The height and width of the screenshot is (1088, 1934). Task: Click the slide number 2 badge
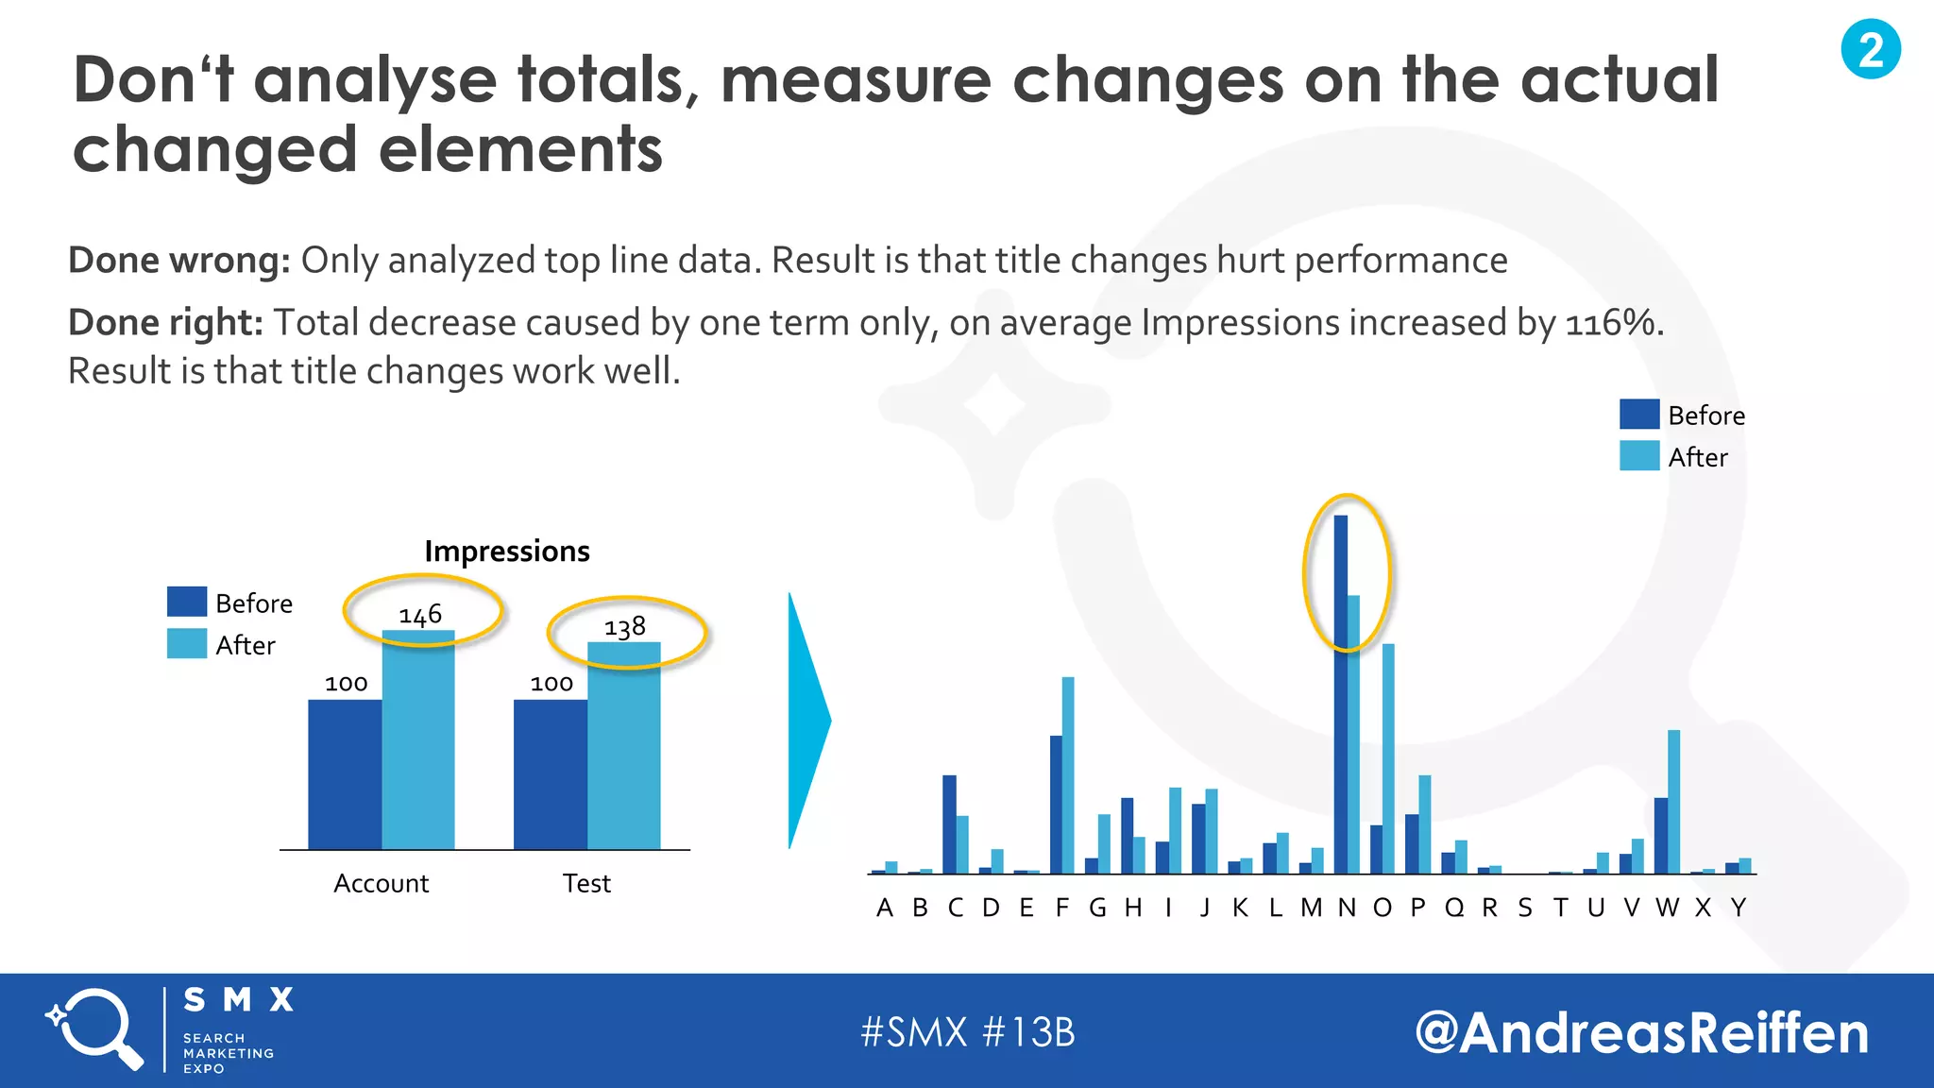pyautogui.click(x=1871, y=49)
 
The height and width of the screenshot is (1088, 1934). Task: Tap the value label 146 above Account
pyautogui.click(x=420, y=615)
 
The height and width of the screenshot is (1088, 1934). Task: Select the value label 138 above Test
pyautogui.click(x=625, y=627)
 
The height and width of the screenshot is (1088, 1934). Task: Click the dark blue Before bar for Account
pyautogui.click(x=345, y=774)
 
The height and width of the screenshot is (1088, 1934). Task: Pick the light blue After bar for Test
pyautogui.click(x=623, y=746)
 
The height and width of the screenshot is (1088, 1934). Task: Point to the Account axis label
pyautogui.click(x=381, y=884)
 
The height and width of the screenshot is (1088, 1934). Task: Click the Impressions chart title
pyautogui.click(x=507, y=551)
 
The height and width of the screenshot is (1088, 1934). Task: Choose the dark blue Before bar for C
pyautogui.click(x=949, y=824)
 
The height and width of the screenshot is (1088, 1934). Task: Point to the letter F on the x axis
pyautogui.click(x=1062, y=909)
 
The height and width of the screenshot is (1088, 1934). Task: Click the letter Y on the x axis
pyautogui.click(x=1739, y=909)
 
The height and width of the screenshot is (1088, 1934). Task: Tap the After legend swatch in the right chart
pyautogui.click(x=1638, y=456)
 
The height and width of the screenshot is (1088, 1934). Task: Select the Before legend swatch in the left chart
pyautogui.click(x=186, y=602)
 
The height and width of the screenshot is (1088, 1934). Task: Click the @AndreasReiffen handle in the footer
pyautogui.click(x=1641, y=1032)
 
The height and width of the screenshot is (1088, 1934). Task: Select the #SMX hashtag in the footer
pyautogui.click(x=914, y=1032)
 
